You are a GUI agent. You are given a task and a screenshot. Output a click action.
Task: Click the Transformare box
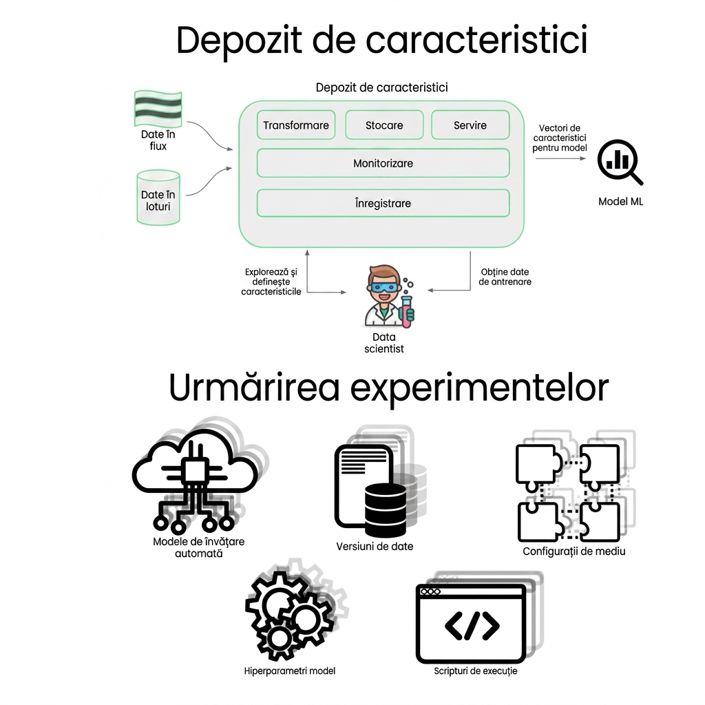[296, 125]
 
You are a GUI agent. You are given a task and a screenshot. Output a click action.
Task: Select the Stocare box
[384, 125]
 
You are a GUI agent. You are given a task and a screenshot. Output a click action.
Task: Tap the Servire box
[470, 125]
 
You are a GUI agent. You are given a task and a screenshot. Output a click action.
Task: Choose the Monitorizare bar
[383, 163]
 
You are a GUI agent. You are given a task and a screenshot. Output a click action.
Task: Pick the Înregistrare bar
[383, 203]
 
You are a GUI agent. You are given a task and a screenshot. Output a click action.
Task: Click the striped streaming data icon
[158, 109]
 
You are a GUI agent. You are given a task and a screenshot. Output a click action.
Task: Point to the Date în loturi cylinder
[158, 198]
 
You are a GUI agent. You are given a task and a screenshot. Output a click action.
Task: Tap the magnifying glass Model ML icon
[620, 162]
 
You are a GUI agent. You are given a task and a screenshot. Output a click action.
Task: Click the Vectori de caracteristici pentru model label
[560, 138]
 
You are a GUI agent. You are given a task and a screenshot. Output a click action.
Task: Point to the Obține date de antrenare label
[505, 277]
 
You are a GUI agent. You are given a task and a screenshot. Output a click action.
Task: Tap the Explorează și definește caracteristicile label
[271, 282]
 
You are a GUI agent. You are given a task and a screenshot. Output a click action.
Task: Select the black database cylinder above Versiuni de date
[386, 510]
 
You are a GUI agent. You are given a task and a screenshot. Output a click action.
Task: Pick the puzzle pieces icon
[568, 492]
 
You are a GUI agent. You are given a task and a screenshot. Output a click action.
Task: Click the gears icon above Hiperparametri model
[289, 614]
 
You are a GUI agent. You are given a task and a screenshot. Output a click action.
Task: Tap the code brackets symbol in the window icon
[472, 625]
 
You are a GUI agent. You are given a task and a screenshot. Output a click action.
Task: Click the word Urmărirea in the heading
[254, 388]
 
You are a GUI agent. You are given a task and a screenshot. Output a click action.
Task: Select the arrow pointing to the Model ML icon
[561, 158]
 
